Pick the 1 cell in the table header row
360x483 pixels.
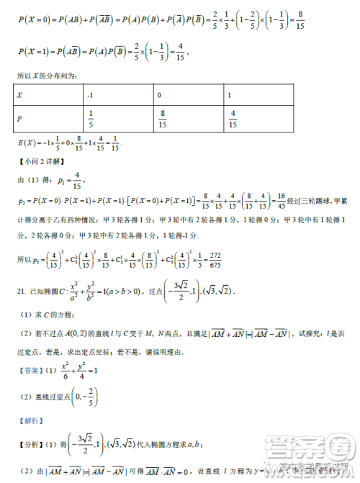tap(229, 95)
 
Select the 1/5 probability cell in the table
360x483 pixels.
tap(91, 119)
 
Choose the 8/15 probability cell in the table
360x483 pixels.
tap(163, 119)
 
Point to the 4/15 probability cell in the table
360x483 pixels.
tap(232, 119)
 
